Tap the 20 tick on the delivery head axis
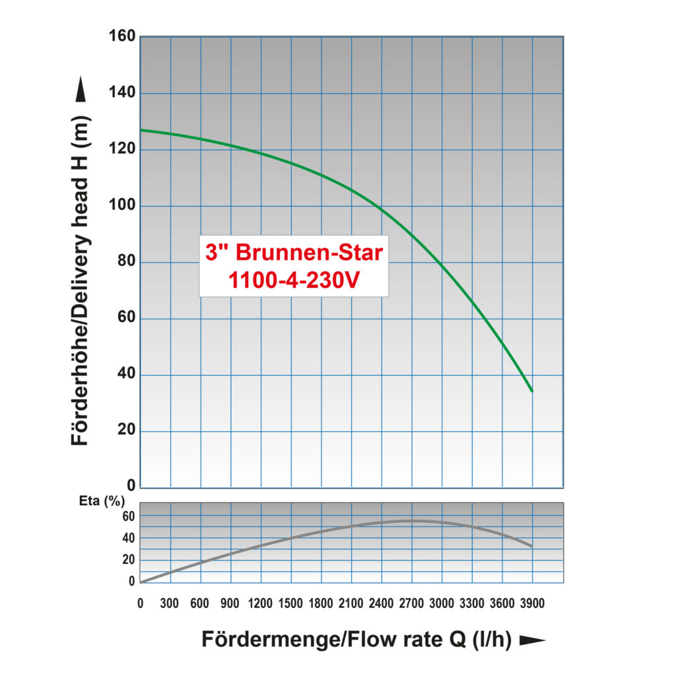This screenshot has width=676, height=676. click(x=127, y=432)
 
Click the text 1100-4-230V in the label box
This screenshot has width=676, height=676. click(x=294, y=280)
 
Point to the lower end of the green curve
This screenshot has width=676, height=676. click(x=531, y=391)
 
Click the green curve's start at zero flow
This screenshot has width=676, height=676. click(x=141, y=130)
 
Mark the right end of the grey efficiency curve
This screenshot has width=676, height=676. click(x=531, y=546)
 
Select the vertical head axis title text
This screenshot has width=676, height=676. click(x=80, y=277)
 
